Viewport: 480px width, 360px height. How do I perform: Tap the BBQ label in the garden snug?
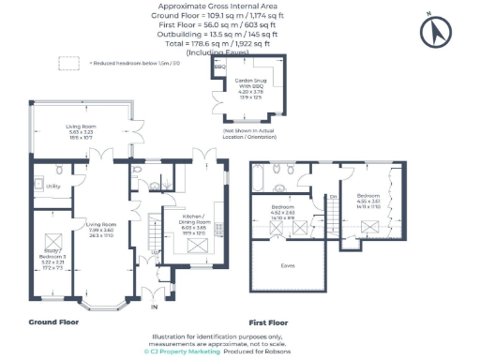[x=221, y=67]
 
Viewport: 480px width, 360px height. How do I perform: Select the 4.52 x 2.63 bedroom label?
[x=283, y=211]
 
